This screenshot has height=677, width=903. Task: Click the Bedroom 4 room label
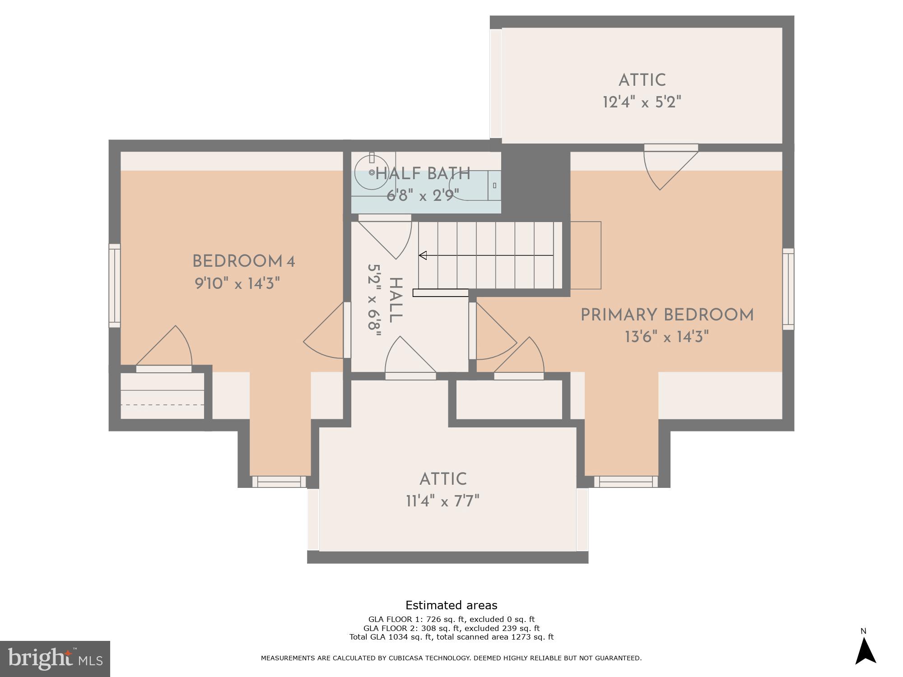(243, 261)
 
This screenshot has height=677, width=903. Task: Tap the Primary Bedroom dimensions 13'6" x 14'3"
(667, 337)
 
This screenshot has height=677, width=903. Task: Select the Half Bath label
(423, 174)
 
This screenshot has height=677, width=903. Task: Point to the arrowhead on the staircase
(423, 255)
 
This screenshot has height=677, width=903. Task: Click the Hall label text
(395, 300)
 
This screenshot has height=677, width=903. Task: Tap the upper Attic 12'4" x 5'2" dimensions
(642, 102)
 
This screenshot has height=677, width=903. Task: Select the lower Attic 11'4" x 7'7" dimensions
(442, 501)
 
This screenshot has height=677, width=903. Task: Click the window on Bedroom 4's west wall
(115, 285)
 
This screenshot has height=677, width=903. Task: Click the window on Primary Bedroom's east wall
(788, 289)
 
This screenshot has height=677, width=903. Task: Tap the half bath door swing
(388, 235)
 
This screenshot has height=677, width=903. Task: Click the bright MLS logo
(55, 658)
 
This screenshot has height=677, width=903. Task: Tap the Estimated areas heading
(451, 605)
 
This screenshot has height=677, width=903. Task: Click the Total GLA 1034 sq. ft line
(451, 637)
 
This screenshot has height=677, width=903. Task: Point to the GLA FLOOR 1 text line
(451, 619)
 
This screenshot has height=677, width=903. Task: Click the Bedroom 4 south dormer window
(279, 482)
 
